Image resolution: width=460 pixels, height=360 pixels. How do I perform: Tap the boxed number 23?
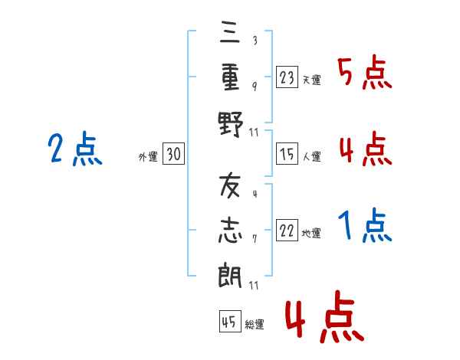coord(287,77)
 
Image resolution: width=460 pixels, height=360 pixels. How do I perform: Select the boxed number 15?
coord(287,154)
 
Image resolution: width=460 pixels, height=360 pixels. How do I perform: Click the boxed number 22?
coord(287,231)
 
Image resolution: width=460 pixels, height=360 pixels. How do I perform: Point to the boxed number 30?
coord(173,154)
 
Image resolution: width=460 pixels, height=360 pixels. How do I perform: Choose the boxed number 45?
coord(228,322)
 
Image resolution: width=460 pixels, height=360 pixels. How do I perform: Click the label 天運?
coord(311,80)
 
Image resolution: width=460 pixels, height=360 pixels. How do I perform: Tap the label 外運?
coord(148,156)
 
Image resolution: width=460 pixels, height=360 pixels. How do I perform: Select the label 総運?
coord(254,324)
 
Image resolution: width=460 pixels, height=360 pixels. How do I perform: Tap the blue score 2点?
coord(74,149)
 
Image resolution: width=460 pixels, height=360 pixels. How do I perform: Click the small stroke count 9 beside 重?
coord(255,85)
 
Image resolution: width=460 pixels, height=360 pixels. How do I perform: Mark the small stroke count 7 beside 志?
coord(254,239)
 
